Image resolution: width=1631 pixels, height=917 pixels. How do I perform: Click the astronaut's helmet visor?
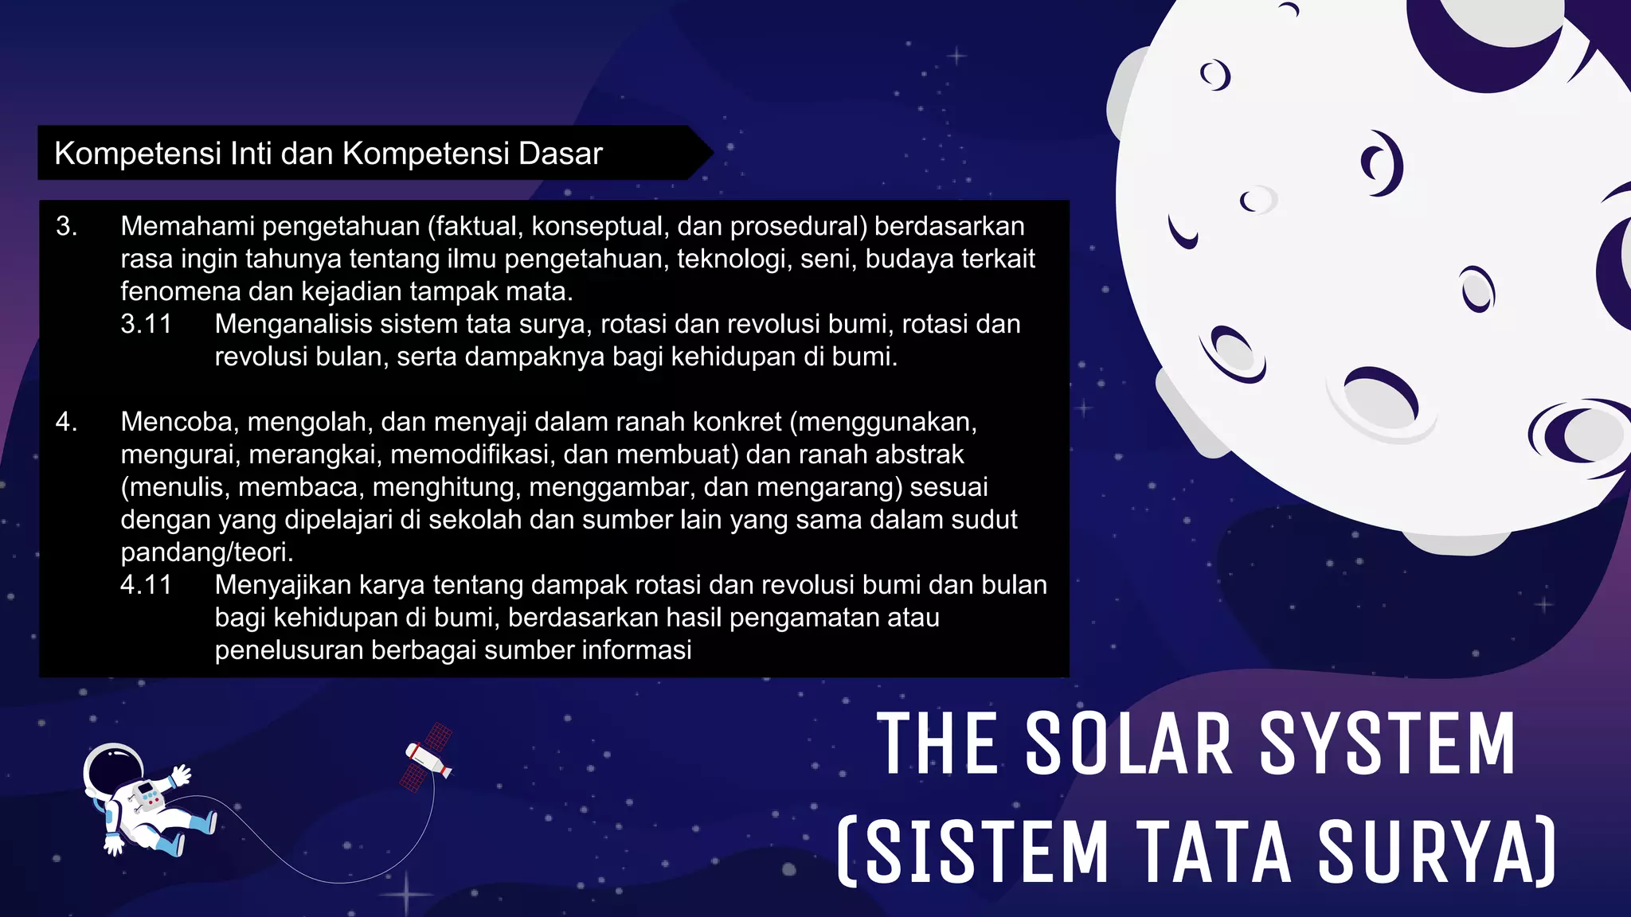[112, 771]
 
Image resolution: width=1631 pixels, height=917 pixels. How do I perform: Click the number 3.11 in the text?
[147, 324]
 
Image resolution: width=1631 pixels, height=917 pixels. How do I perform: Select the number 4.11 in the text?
[147, 585]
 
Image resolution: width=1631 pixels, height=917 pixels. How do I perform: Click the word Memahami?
[187, 227]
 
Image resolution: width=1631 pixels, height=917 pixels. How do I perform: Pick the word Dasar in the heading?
[561, 154]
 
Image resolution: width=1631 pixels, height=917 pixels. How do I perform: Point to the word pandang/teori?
[207, 552]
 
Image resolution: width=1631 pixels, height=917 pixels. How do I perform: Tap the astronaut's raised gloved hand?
[181, 775]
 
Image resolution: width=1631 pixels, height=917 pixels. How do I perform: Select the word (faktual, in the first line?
[475, 227]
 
